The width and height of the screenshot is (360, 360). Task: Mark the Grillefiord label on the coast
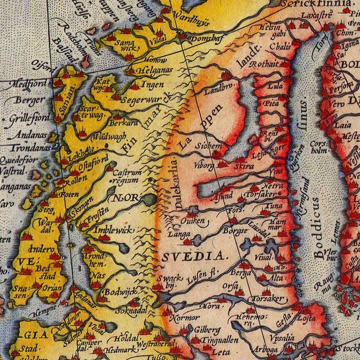point(29,118)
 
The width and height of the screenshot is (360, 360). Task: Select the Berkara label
point(125,122)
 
